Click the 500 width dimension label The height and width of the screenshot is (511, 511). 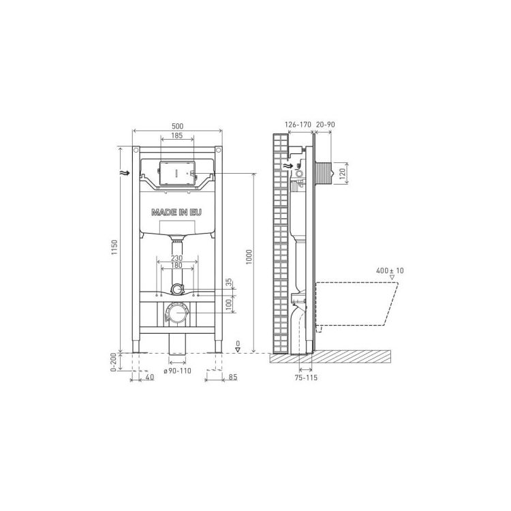(x=177, y=126)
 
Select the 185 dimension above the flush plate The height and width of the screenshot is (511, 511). (x=177, y=136)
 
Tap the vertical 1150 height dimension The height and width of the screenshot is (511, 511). (x=114, y=247)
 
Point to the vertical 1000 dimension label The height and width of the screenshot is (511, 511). (x=249, y=257)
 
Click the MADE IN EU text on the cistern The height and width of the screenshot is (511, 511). (x=176, y=213)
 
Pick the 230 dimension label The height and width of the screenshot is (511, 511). (x=176, y=258)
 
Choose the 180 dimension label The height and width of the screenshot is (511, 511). (x=176, y=266)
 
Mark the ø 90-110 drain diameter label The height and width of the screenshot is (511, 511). (x=177, y=371)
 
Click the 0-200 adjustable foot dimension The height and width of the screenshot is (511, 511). (x=113, y=362)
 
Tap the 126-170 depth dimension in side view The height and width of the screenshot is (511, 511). (x=298, y=124)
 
